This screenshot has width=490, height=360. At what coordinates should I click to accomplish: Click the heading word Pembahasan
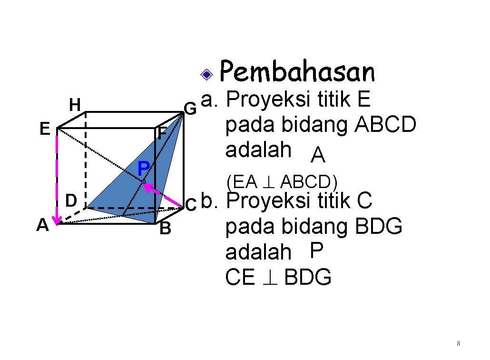pyautogui.click(x=297, y=72)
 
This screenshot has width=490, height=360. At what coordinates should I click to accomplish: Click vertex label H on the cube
pyautogui.click(x=75, y=104)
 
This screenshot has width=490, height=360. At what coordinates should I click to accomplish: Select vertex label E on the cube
pyautogui.click(x=45, y=129)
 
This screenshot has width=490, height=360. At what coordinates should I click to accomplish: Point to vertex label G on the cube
pyautogui.click(x=190, y=109)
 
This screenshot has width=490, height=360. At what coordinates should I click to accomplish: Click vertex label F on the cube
pyautogui.click(x=162, y=134)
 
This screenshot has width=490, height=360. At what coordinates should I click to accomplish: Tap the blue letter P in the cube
pyautogui.click(x=143, y=168)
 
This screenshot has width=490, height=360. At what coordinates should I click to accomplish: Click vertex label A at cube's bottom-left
pyautogui.click(x=43, y=225)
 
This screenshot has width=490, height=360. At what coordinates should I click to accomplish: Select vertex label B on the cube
pyautogui.click(x=165, y=230)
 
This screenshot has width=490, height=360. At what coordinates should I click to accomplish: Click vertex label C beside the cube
pyautogui.click(x=190, y=205)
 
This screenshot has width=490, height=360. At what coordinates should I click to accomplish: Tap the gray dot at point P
pyautogui.click(x=143, y=181)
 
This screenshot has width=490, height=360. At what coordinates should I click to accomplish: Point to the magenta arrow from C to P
pyautogui.click(x=163, y=195)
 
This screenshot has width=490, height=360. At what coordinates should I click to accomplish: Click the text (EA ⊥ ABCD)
pyautogui.click(x=282, y=182)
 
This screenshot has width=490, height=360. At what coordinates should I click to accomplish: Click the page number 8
pyautogui.click(x=458, y=343)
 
